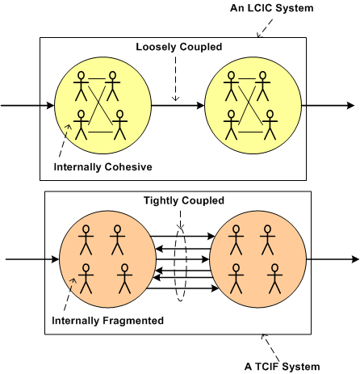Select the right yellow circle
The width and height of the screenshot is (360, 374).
point(252,106)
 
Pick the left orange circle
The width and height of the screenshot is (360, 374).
point(105,259)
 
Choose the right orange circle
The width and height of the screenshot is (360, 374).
point(257,259)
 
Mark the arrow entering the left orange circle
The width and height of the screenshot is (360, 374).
point(32,259)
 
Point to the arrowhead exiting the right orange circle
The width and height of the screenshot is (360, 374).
point(354,259)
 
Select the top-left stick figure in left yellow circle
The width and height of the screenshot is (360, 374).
point(82,83)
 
